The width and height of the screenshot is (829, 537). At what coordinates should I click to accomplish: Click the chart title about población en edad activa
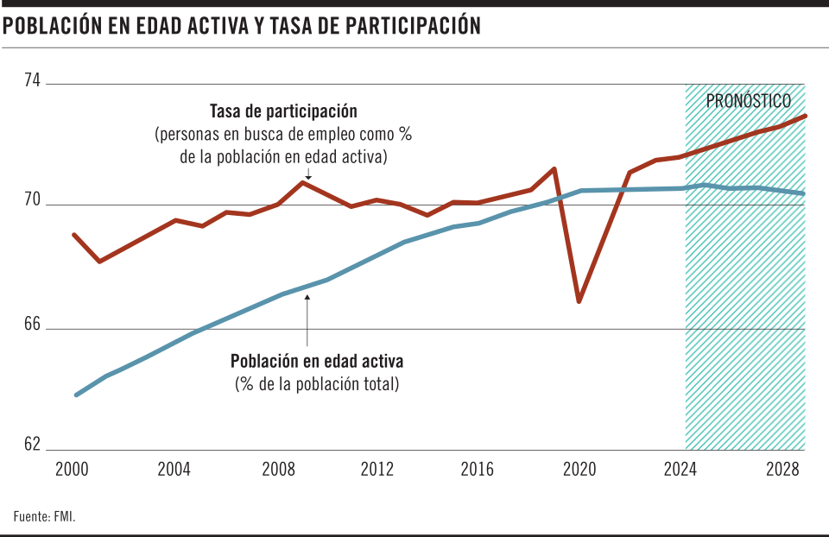242,27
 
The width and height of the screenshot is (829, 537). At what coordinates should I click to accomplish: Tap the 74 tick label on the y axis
32,79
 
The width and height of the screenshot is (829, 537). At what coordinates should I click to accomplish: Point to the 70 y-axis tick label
32,200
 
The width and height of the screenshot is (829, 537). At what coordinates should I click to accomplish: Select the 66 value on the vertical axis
32,324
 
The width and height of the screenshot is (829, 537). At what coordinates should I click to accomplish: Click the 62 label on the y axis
32,445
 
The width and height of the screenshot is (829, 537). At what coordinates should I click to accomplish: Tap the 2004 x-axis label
174,470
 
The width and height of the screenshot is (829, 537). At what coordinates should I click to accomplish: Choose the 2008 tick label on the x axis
275,470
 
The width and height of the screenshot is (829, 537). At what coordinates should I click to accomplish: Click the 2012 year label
377,470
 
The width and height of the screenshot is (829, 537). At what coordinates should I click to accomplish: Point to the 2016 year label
478,470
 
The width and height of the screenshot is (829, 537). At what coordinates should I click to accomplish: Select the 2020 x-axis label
579,470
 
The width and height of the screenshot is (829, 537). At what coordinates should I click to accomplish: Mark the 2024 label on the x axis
681,470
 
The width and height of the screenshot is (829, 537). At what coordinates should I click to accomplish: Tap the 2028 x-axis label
781,470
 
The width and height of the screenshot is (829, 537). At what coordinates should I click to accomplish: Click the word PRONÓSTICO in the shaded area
748,101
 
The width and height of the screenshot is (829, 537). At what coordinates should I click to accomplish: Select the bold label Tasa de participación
283,112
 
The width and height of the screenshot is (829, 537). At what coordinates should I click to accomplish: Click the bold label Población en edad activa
317,361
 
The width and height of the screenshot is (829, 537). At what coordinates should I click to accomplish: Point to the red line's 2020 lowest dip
579,301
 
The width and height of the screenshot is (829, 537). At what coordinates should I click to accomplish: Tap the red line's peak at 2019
554,168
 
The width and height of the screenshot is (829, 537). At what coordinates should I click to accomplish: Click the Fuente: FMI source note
45,517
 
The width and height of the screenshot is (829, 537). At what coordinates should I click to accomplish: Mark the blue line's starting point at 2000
76,395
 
